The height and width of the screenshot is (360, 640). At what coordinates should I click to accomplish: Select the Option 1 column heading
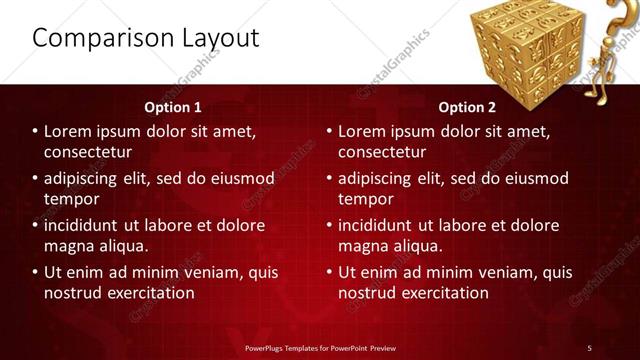pyautogui.click(x=172, y=106)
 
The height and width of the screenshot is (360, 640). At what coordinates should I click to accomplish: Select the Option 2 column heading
pyautogui.click(x=466, y=106)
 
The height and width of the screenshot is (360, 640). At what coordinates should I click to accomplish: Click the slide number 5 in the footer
pyautogui.click(x=589, y=347)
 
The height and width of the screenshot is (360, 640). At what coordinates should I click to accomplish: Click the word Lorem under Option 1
pyautogui.click(x=69, y=131)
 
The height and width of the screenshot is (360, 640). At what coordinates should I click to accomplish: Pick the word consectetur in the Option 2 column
pyautogui.click(x=381, y=152)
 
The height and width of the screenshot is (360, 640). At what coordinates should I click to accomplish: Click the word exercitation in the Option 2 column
pyautogui.click(x=444, y=293)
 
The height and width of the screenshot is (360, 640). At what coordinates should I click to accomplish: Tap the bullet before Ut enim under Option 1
pyautogui.click(x=35, y=272)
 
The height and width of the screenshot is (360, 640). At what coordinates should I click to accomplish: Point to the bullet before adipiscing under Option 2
pyautogui.click(x=329, y=178)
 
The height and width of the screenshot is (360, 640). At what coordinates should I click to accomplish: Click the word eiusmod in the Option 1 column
pyautogui.click(x=238, y=178)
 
